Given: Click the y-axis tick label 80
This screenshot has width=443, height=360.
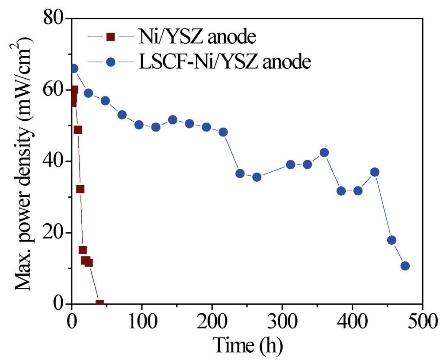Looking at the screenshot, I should click(53, 19).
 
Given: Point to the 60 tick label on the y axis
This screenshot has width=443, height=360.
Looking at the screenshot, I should click(53, 90).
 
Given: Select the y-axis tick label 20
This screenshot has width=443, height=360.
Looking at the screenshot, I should click(53, 233).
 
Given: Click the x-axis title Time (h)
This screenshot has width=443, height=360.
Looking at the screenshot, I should click(247, 345).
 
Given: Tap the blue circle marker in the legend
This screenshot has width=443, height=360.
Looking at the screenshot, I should click(110, 62).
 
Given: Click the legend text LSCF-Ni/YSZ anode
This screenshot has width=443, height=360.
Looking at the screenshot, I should click(225, 62).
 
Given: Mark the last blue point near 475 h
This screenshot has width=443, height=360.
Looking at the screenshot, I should click(405, 266).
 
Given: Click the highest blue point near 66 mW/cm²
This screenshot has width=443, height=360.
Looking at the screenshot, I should click(74, 68).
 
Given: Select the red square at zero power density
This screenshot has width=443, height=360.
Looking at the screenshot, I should click(100, 303).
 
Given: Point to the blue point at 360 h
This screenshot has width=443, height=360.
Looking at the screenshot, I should click(324, 152).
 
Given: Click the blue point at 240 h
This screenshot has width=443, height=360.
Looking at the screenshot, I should click(240, 174).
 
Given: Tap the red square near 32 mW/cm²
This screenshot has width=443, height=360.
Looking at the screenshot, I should click(80, 189).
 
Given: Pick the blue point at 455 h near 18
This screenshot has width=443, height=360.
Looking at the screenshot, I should click(392, 240).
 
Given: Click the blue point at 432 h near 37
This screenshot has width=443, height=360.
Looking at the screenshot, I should click(375, 172).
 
